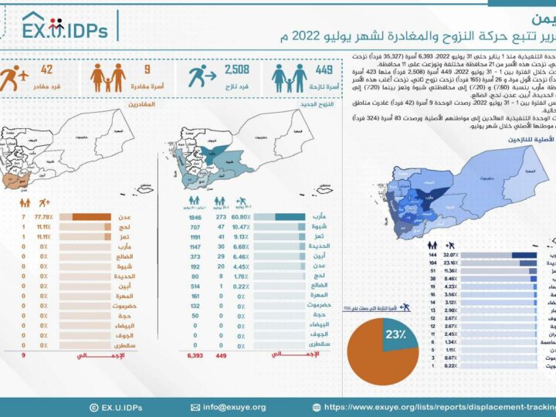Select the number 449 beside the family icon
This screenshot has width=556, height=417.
click(x=324, y=71)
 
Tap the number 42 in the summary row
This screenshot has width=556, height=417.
click(x=46, y=71)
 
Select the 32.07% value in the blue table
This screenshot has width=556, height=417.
click(x=451, y=253)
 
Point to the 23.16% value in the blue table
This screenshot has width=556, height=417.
click(x=451, y=263)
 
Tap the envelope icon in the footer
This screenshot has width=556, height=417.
click(x=195, y=407)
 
